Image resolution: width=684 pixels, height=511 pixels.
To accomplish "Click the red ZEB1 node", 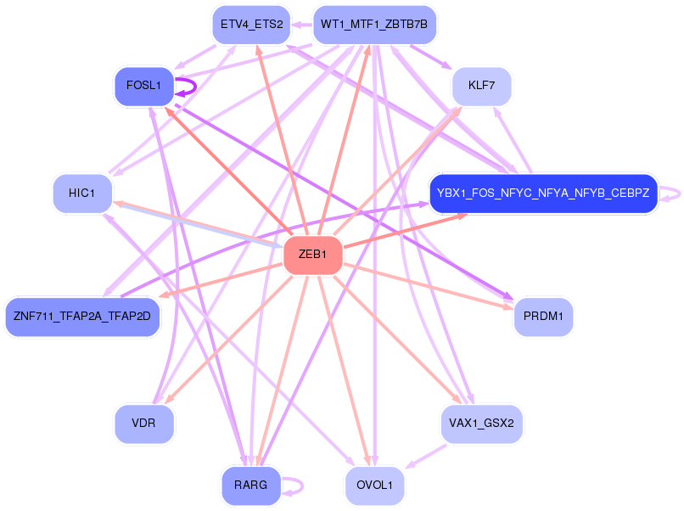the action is coord(313,255).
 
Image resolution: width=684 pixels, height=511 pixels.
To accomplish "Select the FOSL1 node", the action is coord(144,86).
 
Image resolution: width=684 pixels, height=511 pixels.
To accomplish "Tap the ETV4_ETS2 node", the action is coord(251,25).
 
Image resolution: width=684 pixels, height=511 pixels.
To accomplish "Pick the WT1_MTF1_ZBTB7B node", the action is coord(374,25).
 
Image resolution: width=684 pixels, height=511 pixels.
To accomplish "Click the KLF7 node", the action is coord(481,86).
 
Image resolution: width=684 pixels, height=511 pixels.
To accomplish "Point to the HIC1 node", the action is coord(82,194).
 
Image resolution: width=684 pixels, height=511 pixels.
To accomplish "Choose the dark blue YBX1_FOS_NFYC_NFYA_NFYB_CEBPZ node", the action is coord(543,194).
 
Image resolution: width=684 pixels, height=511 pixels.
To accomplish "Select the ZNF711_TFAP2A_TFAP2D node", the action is coord(82,317).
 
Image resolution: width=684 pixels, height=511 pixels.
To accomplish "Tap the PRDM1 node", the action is coord(543,317).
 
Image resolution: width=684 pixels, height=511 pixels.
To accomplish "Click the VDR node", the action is coord(144,424).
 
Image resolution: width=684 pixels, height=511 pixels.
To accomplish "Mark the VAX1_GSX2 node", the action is coord(481,424).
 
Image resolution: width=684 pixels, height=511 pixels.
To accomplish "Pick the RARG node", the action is coord(251,486).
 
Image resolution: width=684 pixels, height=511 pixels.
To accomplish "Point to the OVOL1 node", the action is coord(374,486).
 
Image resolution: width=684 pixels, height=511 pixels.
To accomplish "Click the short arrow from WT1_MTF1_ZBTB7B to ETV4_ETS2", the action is coord(302,25).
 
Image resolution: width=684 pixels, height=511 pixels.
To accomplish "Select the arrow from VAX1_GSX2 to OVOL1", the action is coord(426,457).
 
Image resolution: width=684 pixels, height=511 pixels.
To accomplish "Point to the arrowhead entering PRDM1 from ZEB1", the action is coord(508,306).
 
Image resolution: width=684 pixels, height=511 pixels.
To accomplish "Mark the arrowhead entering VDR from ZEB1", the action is coord(169,398).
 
